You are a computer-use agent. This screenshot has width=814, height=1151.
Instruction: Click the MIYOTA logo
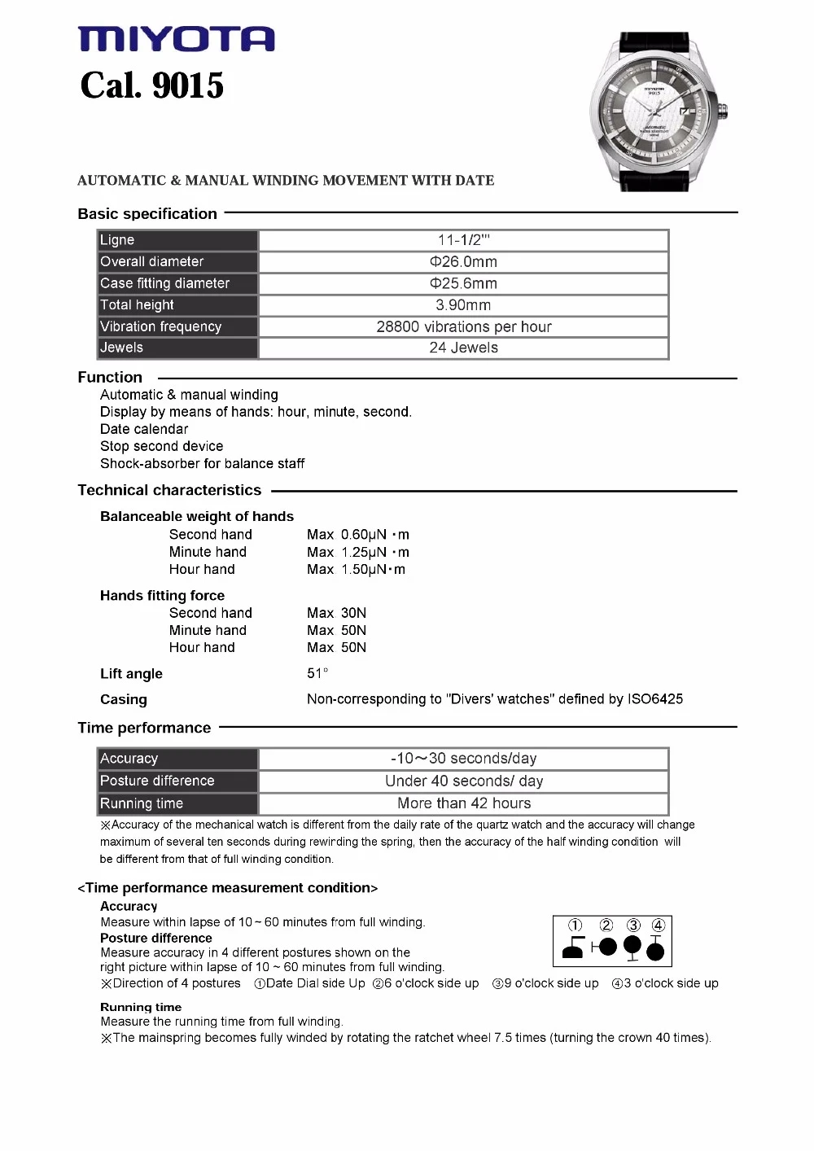[x=176, y=39]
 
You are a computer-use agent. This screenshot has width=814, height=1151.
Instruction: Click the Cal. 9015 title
[x=151, y=85]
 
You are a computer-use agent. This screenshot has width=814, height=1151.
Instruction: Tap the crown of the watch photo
[x=722, y=109]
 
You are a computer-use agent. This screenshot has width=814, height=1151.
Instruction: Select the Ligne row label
[x=117, y=240]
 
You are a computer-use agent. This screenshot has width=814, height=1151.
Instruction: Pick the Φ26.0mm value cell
[x=463, y=262]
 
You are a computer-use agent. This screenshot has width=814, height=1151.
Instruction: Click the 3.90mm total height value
[x=463, y=305]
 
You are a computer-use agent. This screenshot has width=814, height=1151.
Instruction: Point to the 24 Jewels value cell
[x=463, y=348]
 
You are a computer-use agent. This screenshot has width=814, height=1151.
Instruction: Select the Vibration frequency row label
[x=160, y=326]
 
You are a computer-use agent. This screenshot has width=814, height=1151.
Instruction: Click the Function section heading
[x=110, y=378]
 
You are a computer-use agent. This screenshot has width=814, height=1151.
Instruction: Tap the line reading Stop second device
[x=161, y=446]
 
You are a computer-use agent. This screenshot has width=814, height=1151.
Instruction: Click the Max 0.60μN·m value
[x=358, y=535]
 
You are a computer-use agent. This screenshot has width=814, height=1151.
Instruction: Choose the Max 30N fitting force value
[x=336, y=613]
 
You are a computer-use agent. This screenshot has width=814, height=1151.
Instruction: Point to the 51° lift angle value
[x=317, y=673]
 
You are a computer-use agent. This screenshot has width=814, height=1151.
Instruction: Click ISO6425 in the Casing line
[x=654, y=699]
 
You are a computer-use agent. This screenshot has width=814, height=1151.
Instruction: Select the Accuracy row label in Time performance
[x=129, y=759]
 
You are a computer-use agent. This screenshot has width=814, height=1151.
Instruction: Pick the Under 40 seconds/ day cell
[x=463, y=781]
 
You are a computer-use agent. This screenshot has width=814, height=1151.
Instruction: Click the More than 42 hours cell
[x=463, y=803]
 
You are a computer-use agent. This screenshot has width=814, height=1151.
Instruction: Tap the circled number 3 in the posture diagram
[x=633, y=926]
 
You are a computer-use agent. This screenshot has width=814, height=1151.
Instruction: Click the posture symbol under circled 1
[x=574, y=948]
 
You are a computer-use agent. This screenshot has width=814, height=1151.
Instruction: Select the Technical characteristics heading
[x=169, y=490]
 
